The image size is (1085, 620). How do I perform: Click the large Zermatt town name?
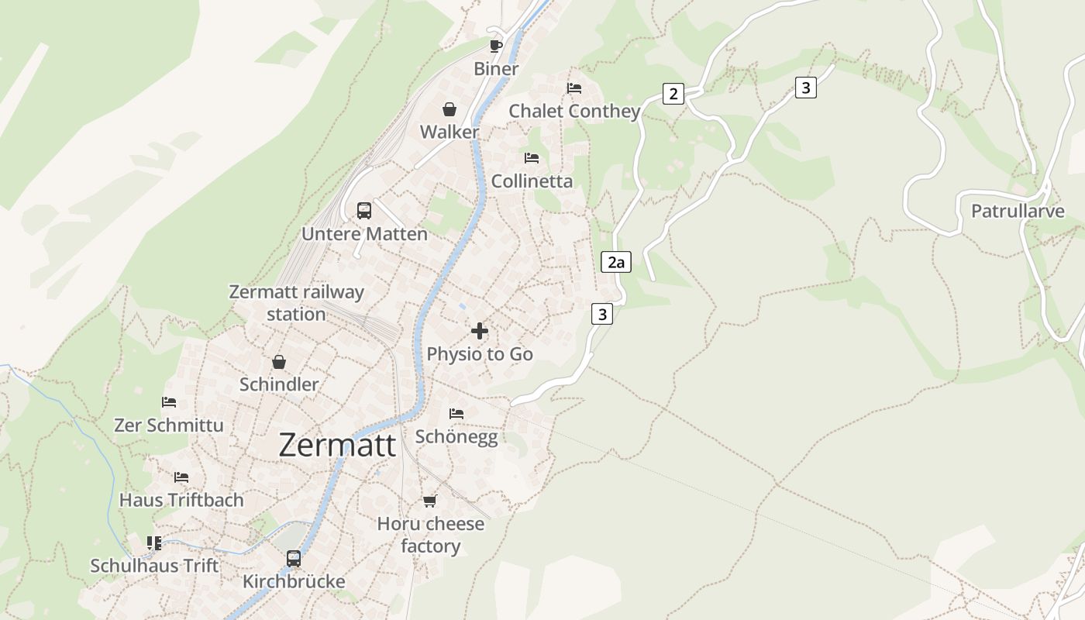click(x=337, y=446)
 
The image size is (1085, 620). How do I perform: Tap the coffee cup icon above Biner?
click(x=496, y=46)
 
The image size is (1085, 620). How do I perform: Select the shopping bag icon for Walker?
click(x=449, y=109)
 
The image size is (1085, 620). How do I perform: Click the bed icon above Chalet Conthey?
click(x=574, y=88)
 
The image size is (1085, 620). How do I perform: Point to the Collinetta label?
click(x=532, y=181)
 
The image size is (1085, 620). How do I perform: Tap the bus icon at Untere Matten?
click(x=364, y=211)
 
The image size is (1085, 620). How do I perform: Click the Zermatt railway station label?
click(x=296, y=303)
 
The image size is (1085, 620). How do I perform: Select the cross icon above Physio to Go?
click(x=480, y=331)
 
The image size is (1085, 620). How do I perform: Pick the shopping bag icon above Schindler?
click(x=279, y=362)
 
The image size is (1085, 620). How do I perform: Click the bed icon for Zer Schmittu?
click(x=169, y=402)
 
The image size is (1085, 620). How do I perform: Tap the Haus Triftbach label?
click(x=181, y=501)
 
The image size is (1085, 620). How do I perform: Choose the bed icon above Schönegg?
click(x=456, y=414)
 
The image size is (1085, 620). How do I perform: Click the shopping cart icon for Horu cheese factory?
click(x=430, y=501)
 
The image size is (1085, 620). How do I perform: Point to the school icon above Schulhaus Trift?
click(x=154, y=542)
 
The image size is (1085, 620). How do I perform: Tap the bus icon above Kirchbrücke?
click(x=294, y=558)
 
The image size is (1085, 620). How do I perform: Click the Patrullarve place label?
click(x=1018, y=211)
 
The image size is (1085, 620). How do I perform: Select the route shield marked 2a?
click(x=616, y=262)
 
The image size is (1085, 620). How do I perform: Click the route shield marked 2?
click(x=673, y=94)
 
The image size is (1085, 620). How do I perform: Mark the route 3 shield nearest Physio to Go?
click(x=602, y=314)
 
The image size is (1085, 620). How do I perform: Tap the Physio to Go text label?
click(x=480, y=354)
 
